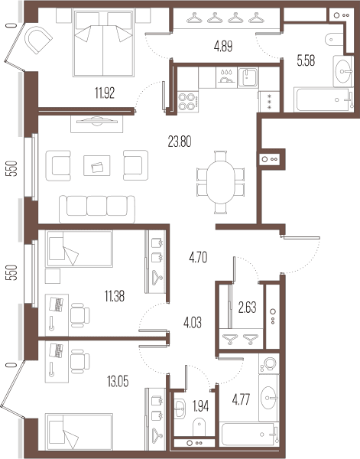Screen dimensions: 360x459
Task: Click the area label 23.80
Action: (180, 142)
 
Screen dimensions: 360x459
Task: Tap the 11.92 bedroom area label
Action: (105, 93)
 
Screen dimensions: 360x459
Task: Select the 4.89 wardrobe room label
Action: (223, 47)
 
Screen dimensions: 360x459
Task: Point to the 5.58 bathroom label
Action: (306, 61)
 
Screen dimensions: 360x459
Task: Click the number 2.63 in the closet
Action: (247, 308)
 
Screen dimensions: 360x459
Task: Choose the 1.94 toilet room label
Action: (200, 405)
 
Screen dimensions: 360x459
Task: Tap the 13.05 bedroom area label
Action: (118, 382)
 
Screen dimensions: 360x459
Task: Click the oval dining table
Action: (221, 182)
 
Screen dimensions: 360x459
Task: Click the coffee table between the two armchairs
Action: (97, 166)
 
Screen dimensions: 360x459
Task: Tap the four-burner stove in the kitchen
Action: (187, 102)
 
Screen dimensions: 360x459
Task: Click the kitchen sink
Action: (248, 77)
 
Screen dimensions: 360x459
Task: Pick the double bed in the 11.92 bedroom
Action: (103, 44)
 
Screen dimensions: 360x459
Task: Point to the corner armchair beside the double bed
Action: (38, 40)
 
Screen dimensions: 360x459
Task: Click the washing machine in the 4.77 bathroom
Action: (269, 363)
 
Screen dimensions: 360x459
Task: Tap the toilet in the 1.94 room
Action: (199, 427)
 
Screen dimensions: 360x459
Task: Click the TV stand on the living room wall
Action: (96, 124)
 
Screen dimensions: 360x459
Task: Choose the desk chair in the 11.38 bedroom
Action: (79, 315)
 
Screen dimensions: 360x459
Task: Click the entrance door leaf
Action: (301, 238)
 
